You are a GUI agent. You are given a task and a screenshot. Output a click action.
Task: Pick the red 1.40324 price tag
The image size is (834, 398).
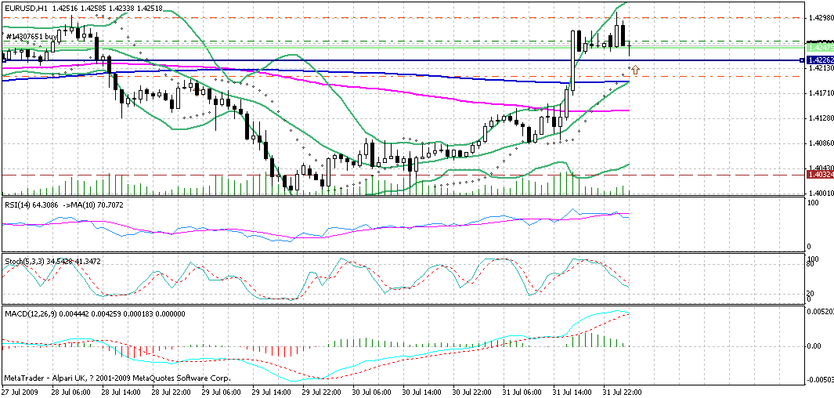coord(819,175)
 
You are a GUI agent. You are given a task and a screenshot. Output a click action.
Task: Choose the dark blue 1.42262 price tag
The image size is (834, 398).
coord(819,60)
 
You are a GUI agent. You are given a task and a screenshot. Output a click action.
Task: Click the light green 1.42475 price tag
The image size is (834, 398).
coord(819,48)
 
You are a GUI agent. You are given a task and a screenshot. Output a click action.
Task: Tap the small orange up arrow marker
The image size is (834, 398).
coord(635,71)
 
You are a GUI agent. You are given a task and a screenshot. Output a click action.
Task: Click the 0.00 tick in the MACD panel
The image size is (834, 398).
coord(814,345)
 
